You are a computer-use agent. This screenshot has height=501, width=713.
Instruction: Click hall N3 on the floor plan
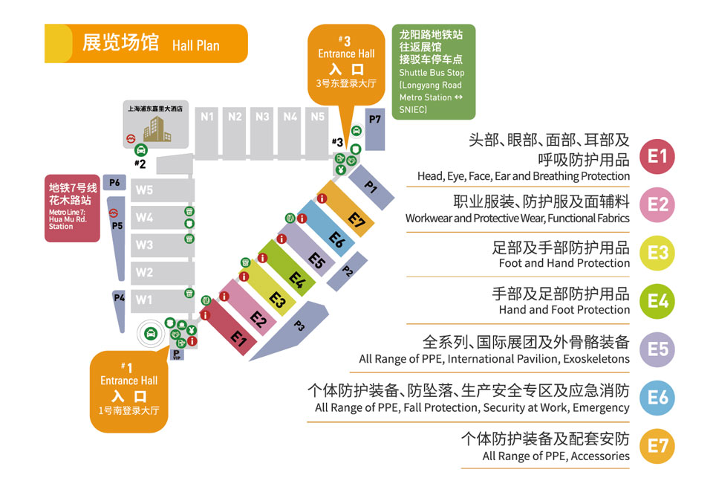pos(262,117)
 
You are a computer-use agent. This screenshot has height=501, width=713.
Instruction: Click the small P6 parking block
pos(114,183)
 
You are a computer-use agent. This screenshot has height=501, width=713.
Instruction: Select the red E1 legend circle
pos(658,156)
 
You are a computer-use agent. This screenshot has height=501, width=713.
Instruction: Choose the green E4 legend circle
pos(658,301)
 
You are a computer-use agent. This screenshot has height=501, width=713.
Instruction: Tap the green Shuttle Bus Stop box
pos(433,72)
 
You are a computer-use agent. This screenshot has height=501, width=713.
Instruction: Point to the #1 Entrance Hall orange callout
pos(129,390)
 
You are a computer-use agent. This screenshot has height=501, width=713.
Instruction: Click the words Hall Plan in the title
pos(196,45)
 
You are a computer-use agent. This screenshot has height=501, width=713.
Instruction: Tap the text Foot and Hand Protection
pos(564,264)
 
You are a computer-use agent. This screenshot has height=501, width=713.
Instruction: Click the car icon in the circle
pos(151,333)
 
